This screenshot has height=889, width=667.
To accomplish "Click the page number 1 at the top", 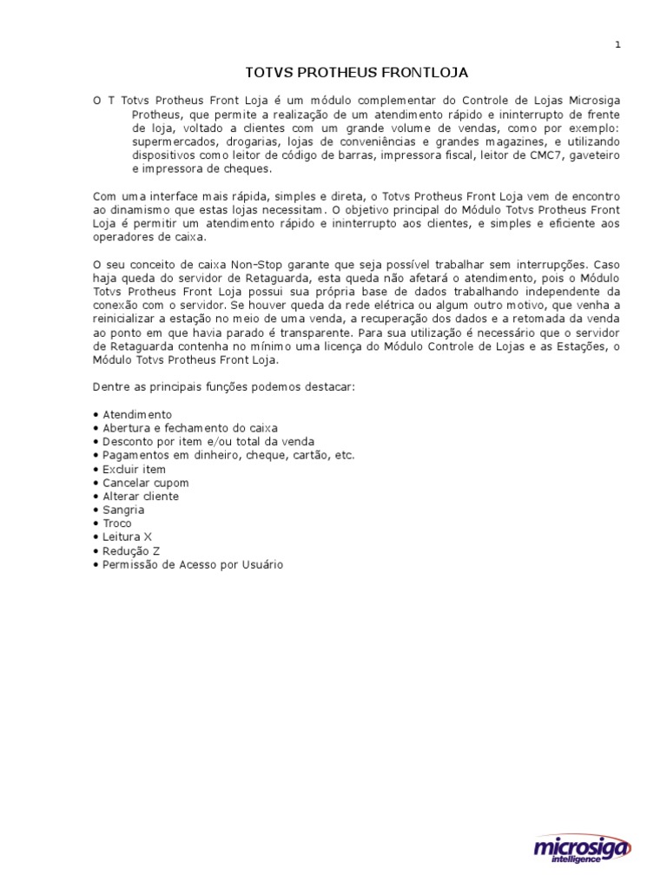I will [617, 45].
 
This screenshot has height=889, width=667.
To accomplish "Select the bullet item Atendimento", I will [136, 414].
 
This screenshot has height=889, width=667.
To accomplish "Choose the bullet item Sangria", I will [123, 510].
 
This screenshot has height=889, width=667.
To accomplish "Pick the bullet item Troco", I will [117, 524].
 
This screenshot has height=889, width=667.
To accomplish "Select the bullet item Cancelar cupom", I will [145, 483].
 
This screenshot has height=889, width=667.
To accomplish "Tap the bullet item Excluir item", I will [134, 469].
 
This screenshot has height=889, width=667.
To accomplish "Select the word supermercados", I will [174, 142].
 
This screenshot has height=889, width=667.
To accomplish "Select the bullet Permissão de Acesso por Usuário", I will [192, 565].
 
